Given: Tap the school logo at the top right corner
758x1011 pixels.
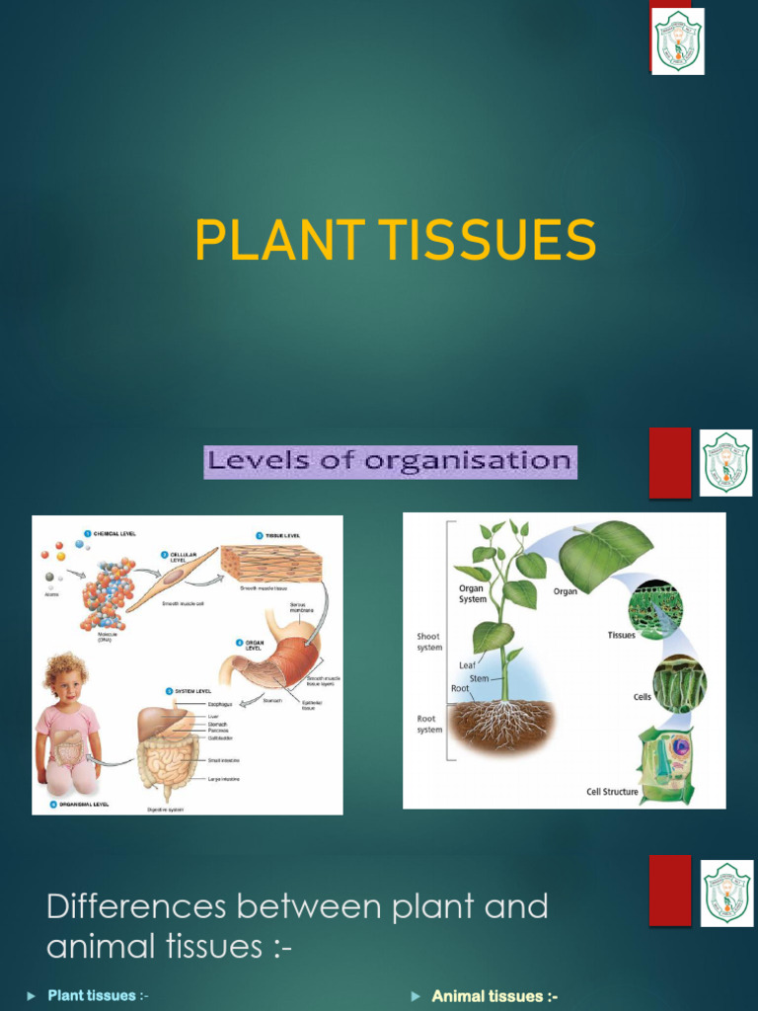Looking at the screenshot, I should (x=678, y=40).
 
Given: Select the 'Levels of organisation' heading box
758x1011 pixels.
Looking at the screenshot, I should (x=390, y=461).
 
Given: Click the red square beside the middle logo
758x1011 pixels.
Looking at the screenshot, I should (x=669, y=462).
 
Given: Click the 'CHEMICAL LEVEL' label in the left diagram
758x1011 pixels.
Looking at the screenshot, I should (x=114, y=533).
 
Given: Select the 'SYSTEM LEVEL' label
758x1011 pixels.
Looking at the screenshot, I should (x=193, y=691).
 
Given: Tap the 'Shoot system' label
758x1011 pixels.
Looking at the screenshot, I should (x=428, y=642).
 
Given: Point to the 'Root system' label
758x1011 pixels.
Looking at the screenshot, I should (x=428, y=724).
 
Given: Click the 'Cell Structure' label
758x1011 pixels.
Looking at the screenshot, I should (x=613, y=791).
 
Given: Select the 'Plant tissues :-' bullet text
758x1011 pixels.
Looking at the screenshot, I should (x=98, y=995).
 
